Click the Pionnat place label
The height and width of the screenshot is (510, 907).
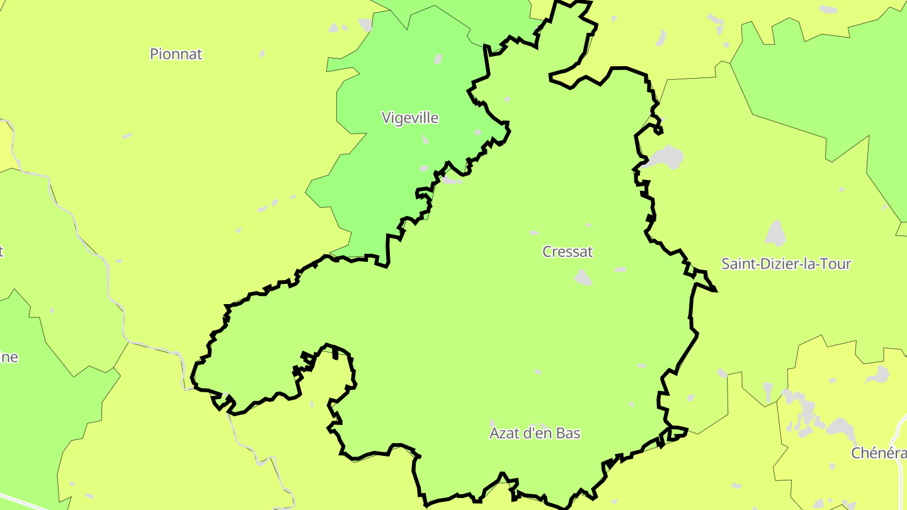tap(176, 54)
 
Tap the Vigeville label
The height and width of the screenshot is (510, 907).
tap(410, 118)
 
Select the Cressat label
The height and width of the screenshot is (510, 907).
tap(568, 252)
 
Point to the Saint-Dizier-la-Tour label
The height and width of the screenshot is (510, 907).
tap(786, 264)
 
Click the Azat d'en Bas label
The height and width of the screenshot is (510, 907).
tap(535, 433)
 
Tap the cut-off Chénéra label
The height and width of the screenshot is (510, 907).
tap(879, 453)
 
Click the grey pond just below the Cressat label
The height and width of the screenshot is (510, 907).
tap(583, 277)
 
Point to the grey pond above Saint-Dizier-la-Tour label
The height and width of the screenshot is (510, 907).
tap(775, 234)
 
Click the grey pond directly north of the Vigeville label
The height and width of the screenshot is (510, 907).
tap(438, 59)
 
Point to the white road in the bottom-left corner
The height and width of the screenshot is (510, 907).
tap(25, 502)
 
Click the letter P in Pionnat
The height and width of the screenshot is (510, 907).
tap(154, 54)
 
